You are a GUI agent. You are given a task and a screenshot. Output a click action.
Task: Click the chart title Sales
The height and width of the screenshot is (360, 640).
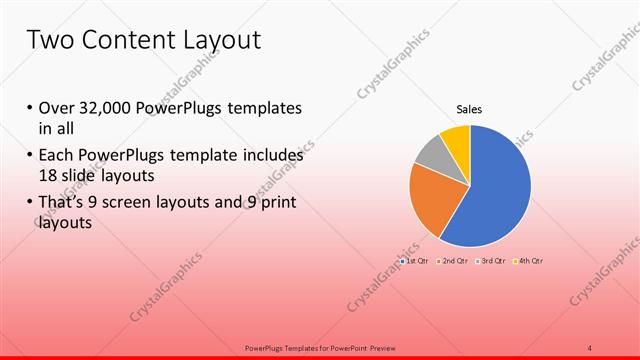(470, 109)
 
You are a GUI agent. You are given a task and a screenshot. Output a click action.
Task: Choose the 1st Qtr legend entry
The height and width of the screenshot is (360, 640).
(415, 261)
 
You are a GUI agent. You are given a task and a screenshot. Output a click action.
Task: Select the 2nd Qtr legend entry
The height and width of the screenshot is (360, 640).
(455, 261)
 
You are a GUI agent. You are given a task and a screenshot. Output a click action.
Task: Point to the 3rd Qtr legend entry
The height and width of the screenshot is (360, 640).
(492, 261)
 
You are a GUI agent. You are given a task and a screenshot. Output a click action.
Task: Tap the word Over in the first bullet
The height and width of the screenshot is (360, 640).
(57, 108)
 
